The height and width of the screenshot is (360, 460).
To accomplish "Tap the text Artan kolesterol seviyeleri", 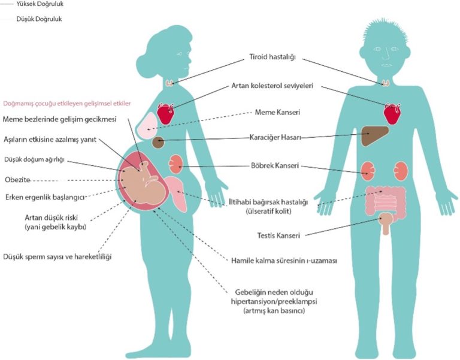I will point(282,86).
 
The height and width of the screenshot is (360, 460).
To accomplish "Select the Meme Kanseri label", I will point(277,112).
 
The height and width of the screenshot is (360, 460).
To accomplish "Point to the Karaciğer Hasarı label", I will point(275,138).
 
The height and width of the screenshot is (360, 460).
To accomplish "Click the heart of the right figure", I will point(393,113).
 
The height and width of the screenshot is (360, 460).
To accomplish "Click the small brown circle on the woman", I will point(159,143).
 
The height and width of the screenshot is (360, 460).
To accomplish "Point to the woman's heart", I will point(166,112).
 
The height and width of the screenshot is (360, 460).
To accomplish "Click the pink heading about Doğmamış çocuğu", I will point(66,102).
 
